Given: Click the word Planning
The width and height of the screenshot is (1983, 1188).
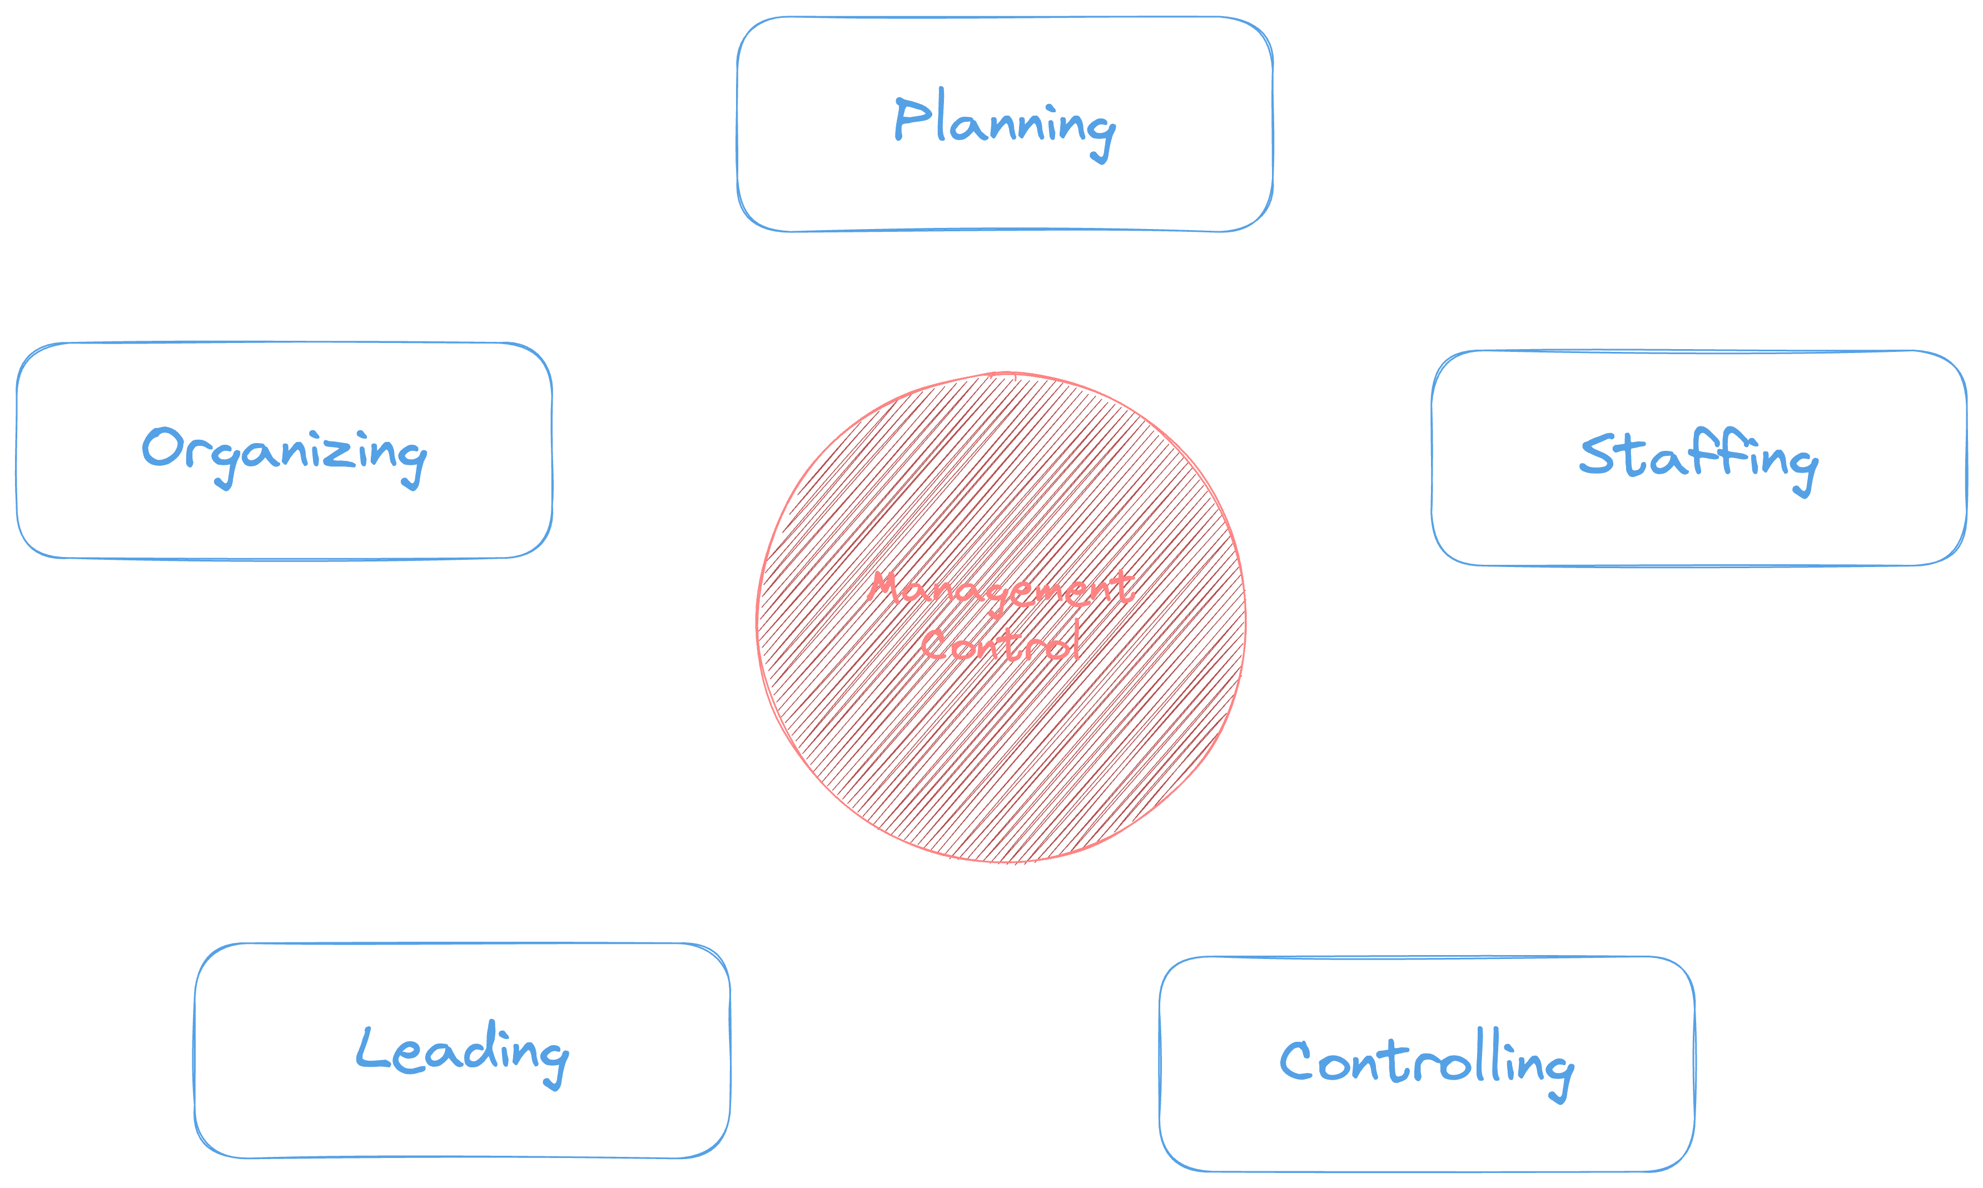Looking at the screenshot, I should [x=1005, y=125].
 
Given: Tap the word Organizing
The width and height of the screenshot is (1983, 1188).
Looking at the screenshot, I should [x=284, y=453].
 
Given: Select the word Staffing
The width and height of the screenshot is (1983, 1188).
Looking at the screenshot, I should [x=1698, y=458].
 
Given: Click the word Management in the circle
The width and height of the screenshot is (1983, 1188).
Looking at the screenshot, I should [x=1001, y=590].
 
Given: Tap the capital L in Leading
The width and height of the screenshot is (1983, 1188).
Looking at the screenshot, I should [x=370, y=1048].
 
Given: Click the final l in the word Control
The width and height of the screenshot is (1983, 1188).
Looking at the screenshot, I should [x=1075, y=639].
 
